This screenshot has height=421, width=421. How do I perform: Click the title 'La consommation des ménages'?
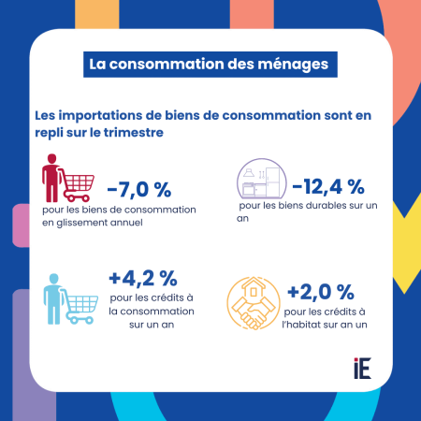click(x=209, y=65)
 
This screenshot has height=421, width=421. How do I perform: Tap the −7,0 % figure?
click(x=139, y=190)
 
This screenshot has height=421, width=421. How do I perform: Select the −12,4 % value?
click(x=328, y=187)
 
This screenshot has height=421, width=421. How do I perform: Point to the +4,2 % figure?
click(x=143, y=279)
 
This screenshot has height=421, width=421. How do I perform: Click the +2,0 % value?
click(x=321, y=292)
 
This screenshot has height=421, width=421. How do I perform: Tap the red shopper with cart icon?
click(x=68, y=178)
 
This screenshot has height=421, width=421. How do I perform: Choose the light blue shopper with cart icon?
click(x=71, y=299)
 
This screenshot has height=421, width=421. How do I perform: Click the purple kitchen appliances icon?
click(x=261, y=179)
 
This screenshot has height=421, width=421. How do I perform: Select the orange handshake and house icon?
click(x=254, y=303)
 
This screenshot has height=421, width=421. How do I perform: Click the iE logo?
click(x=362, y=369)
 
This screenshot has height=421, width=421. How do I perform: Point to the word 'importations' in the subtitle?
click(x=100, y=115)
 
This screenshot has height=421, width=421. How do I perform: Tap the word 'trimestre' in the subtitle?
click(x=134, y=133)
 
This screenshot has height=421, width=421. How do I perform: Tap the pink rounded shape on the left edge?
click(x=21, y=225)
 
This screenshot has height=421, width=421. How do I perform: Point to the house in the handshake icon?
click(x=254, y=289)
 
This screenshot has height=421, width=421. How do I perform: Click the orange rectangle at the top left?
click(x=97, y=14)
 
